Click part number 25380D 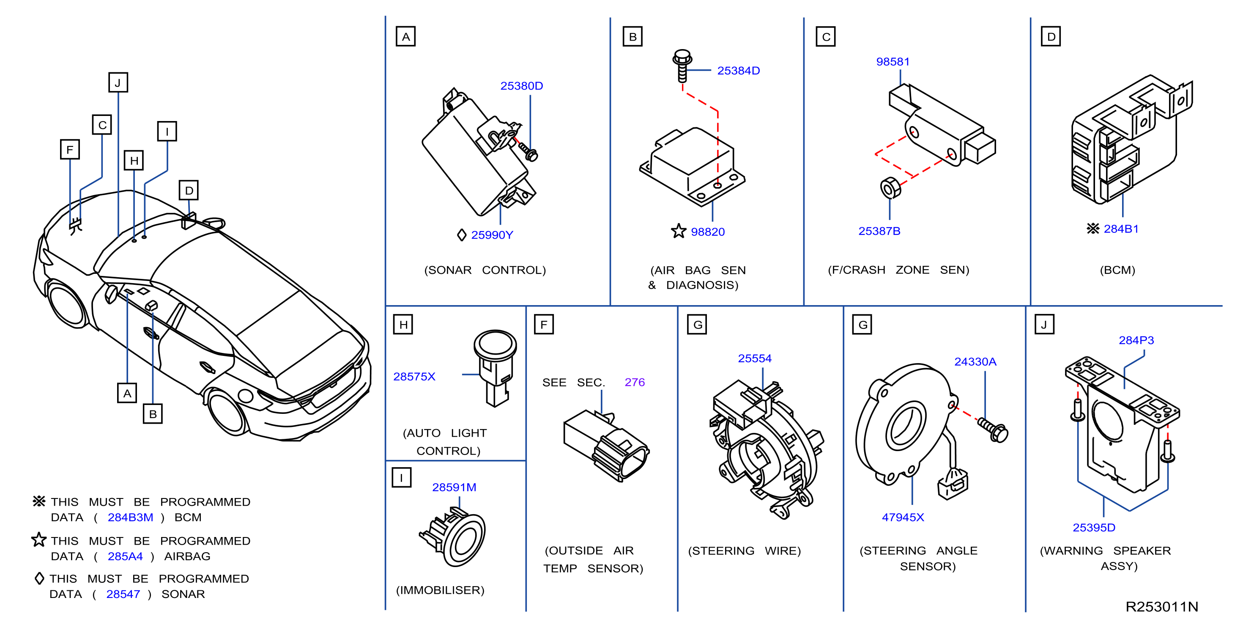pos(521,86)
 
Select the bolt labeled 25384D pos(682,66)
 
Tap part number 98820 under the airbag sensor pos(707,232)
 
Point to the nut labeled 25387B pos(890,187)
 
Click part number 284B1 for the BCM pos(1121,229)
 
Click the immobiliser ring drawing pos(453,536)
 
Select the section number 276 pos(634,383)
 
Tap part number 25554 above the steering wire pos(755,358)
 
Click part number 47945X pos(903,518)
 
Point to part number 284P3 pos(1136,341)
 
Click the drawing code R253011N pos(1161,606)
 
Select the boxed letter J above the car pos(118,83)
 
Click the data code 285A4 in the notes pos(125,556)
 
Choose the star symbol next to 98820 pos(679,231)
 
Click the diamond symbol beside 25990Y pos(462,235)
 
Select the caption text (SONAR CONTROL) pos(485,270)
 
